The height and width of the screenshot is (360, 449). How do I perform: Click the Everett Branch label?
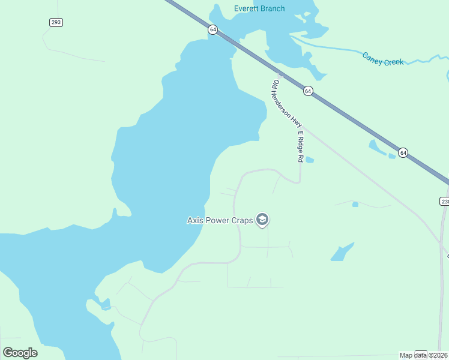point(259,8)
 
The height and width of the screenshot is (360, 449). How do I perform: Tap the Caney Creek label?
point(383,58)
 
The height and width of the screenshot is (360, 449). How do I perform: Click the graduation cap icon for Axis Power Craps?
point(262,220)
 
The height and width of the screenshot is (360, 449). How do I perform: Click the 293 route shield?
point(56,22)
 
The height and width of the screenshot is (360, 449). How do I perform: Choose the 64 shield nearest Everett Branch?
point(212,29)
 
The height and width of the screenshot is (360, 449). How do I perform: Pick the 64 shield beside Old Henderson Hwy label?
point(307,91)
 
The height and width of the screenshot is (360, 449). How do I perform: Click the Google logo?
point(20,353)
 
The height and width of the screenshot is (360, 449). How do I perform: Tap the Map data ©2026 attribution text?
point(424,355)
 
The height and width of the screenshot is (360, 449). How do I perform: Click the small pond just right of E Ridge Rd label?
point(310,160)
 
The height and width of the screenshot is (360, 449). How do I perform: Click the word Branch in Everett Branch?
point(273,8)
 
